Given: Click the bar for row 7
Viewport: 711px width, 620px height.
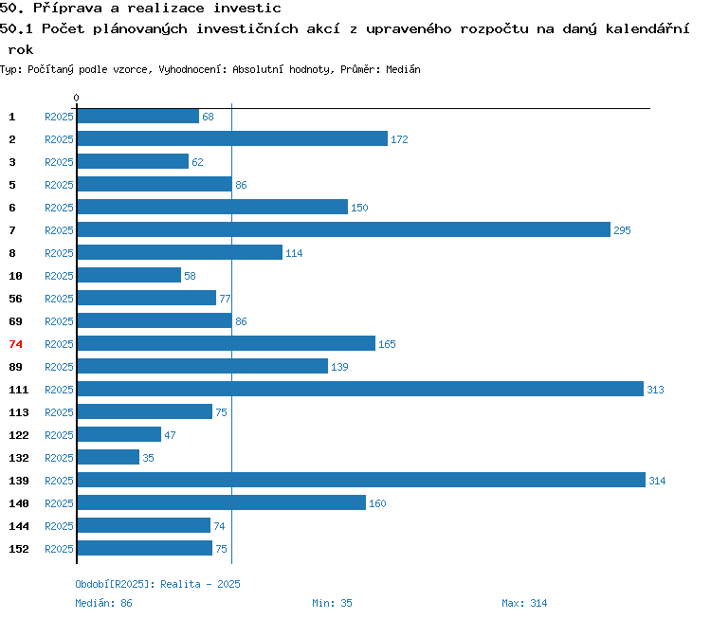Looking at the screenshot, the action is [344, 229].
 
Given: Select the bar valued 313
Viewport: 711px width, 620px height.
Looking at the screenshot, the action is [360, 389].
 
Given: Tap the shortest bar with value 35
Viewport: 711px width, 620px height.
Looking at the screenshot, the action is [108, 457].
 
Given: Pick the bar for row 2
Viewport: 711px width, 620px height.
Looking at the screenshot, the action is [232, 138].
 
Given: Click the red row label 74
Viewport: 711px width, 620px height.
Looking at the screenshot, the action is [15, 344].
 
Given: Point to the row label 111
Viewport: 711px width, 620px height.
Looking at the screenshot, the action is [19, 390].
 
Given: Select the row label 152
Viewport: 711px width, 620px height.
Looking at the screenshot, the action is [19, 549].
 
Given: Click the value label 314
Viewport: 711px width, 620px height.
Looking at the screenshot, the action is [657, 481].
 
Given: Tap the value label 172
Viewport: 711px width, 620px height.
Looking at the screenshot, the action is [399, 139].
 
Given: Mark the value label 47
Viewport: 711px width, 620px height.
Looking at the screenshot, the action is [170, 435].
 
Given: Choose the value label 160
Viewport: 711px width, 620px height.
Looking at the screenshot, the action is [377, 503].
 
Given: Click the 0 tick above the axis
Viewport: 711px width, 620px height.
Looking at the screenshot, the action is [76, 98].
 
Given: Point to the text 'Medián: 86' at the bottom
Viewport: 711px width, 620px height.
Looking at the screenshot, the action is [103, 603].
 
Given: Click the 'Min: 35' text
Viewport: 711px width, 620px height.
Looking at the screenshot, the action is [332, 603].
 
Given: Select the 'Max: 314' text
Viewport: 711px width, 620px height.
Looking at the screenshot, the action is [524, 603].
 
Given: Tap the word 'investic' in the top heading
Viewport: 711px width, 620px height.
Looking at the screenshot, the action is [247, 9].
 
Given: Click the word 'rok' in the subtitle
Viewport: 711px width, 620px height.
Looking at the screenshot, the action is [21, 49].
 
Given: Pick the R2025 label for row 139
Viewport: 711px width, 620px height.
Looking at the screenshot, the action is [59, 481].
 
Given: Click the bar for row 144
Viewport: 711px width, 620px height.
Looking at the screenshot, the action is [144, 525].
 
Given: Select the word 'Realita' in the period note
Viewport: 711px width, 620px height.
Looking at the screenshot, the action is [180, 584].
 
